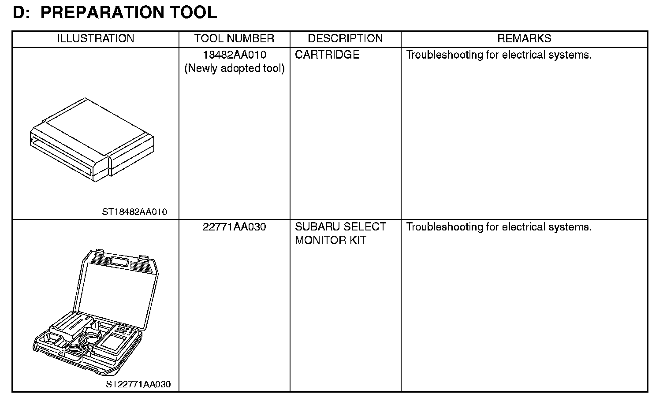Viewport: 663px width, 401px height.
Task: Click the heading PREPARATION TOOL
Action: [128, 12]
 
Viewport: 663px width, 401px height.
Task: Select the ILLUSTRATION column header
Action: [96, 39]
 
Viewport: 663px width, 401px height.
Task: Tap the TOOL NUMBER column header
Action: [234, 39]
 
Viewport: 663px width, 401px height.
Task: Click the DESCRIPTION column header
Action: [345, 39]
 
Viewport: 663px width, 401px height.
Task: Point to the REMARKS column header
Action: [524, 39]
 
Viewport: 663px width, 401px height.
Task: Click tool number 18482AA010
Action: [234, 55]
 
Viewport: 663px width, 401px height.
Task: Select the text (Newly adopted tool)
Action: [234, 69]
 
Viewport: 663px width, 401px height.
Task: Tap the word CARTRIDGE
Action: [327, 55]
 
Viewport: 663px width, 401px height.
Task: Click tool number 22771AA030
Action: [234, 227]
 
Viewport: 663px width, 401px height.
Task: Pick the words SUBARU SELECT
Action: [340, 227]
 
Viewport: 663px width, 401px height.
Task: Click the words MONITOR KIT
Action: [331, 241]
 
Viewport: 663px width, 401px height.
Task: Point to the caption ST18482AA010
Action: [134, 212]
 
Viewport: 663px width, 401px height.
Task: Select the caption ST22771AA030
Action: [138, 384]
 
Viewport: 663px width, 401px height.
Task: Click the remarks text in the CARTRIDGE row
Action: [499, 55]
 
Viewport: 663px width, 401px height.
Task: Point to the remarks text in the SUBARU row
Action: [499, 227]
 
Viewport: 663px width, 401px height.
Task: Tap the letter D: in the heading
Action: [21, 12]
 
